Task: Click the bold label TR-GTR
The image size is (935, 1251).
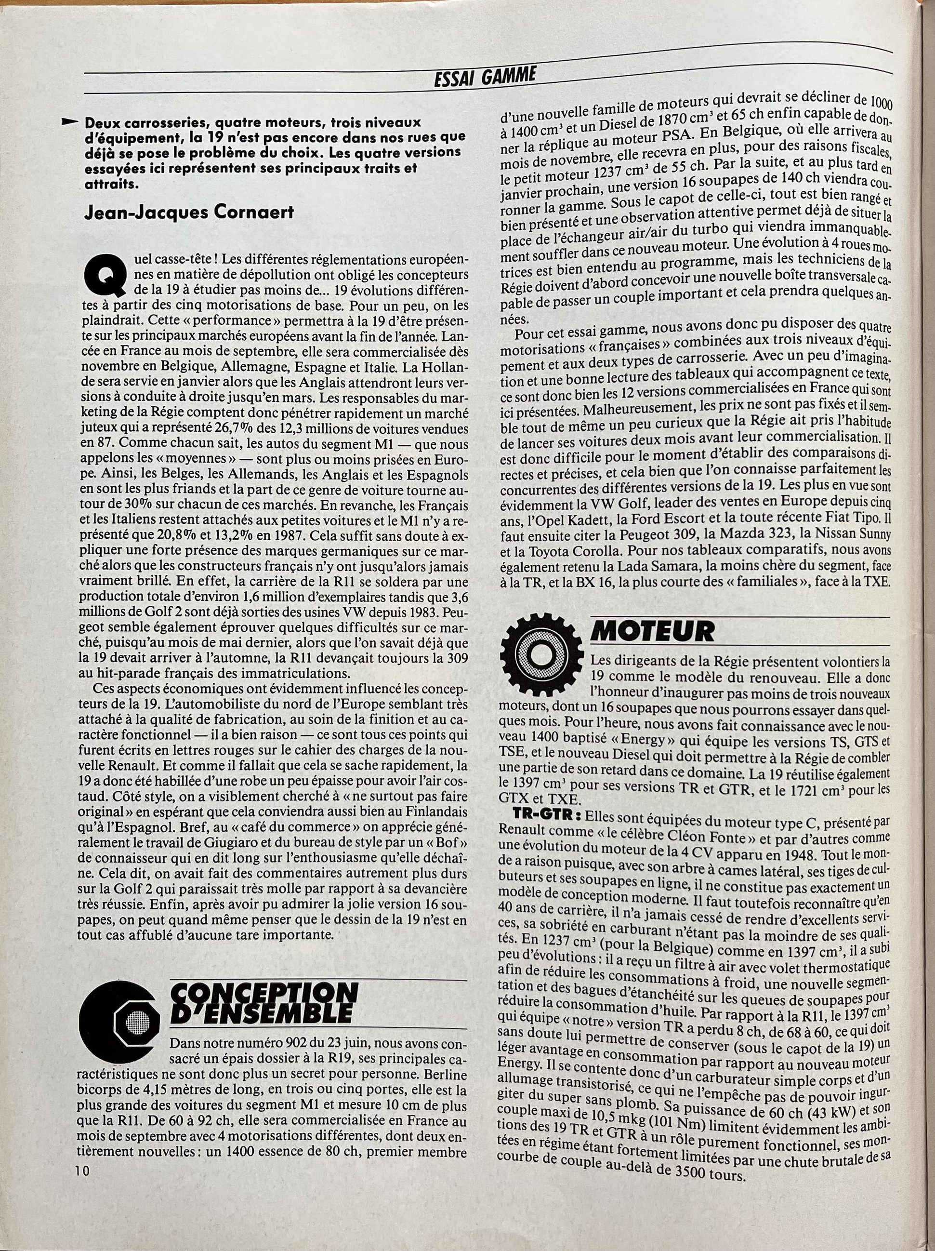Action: [545, 817]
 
